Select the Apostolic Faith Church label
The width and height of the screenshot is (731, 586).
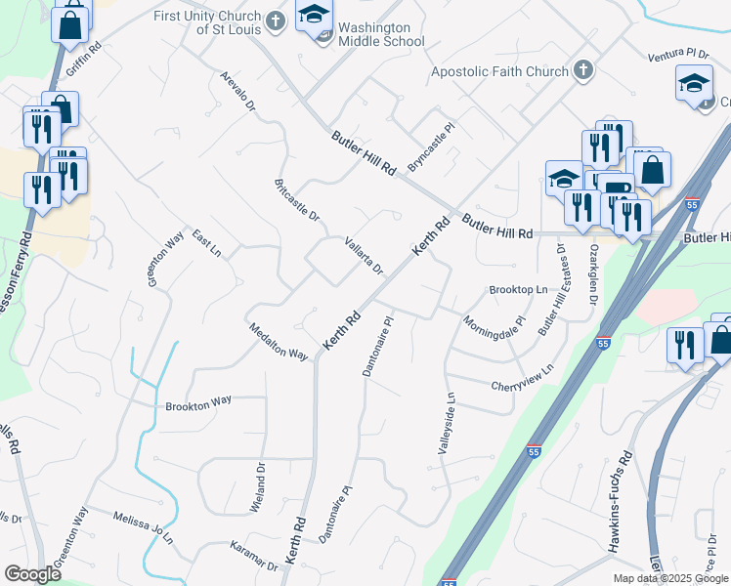[x=499, y=71]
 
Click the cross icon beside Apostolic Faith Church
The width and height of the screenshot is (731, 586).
[x=583, y=70]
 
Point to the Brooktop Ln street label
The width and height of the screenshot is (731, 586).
[x=517, y=290]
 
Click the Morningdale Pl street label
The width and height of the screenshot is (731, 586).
[x=494, y=321]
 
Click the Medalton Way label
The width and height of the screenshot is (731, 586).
[x=279, y=341]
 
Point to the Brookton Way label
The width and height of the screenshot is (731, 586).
[x=198, y=401]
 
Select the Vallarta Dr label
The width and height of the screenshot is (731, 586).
[x=364, y=255]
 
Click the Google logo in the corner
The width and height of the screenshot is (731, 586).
[x=31, y=574]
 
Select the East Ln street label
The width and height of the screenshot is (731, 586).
[x=206, y=243]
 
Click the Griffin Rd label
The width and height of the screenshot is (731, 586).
[x=84, y=60]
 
